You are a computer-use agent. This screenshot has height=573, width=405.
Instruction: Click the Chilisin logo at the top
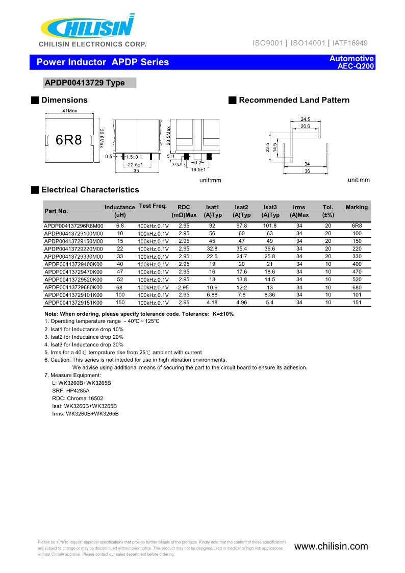pyautogui.click(x=87, y=26)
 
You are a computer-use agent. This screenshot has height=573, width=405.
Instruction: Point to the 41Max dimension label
pyautogui.click(x=69, y=111)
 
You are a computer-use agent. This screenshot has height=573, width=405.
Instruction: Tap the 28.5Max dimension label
pyautogui.click(x=169, y=136)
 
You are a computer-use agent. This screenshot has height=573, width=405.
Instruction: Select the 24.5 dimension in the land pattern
pyautogui.click(x=305, y=119)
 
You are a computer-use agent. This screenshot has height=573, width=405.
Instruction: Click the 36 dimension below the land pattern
pyautogui.click(x=307, y=171)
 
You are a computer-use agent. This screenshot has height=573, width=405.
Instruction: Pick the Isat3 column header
pyautogui.click(x=270, y=207)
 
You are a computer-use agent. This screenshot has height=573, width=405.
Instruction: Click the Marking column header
pyautogui.click(x=357, y=207)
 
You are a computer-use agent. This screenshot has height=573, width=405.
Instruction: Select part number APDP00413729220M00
pyautogui.click(x=73, y=248)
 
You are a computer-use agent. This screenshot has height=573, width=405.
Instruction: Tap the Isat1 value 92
pyautogui.click(x=212, y=226)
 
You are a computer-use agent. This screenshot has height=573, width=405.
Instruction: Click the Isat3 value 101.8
pyautogui.click(x=270, y=226)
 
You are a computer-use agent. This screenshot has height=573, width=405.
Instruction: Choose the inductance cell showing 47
pyautogui.click(x=120, y=272)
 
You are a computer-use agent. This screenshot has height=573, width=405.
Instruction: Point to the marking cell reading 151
pyautogui.click(x=357, y=303)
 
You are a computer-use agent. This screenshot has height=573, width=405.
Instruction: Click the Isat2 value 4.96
pyautogui.click(x=241, y=303)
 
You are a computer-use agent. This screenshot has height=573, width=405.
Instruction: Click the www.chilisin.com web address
pyautogui.click(x=331, y=546)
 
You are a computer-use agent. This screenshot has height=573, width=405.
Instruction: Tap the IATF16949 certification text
pyautogui.click(x=350, y=43)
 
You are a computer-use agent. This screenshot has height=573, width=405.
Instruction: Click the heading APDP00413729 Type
pyautogui.click(x=85, y=83)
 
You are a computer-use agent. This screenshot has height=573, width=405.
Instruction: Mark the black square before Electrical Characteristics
pyautogui.click(x=35, y=190)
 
